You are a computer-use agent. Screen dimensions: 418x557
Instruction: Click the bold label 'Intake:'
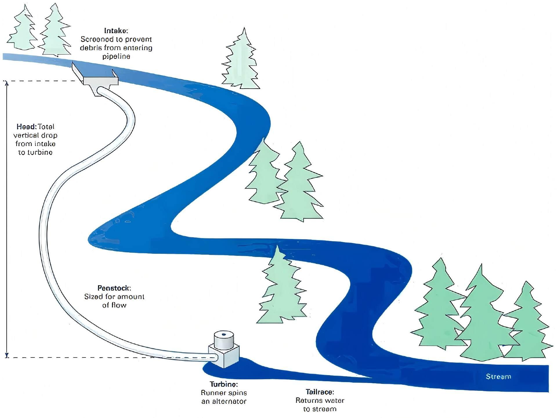coord(116,31)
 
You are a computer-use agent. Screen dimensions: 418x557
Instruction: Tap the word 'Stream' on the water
coord(498,377)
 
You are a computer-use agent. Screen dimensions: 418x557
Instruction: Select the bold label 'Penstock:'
coord(114,288)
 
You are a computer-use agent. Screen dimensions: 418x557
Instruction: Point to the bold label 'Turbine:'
coord(224,384)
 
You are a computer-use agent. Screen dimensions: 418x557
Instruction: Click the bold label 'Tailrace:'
coord(320,392)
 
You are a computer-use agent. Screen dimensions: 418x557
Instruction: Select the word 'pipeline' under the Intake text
coord(116,56)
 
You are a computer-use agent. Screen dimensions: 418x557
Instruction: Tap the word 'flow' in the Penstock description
coord(119,305)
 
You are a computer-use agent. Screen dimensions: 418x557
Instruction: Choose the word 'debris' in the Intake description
coord(91,48)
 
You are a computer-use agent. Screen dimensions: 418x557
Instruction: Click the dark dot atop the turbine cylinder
coord(223,335)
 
